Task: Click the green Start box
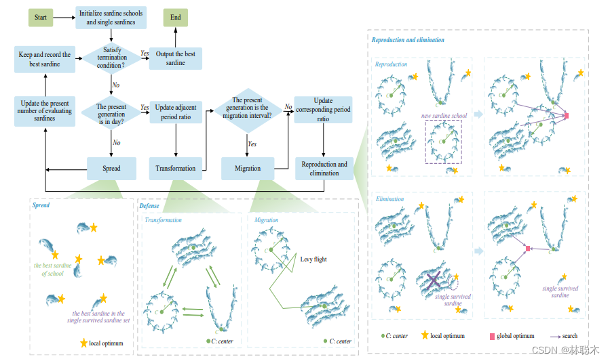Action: tap(41, 18)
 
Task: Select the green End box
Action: tap(176, 18)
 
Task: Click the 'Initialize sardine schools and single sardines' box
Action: tap(111, 18)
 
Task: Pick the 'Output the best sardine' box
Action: tap(176, 58)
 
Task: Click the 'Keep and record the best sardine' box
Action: tap(44, 58)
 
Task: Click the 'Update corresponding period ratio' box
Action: tap(324, 110)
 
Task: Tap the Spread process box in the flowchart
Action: tap(111, 168)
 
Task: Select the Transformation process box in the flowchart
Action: tap(176, 168)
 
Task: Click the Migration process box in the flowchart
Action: tap(248, 168)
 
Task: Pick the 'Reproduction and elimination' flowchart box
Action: tap(324, 168)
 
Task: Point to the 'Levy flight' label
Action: tap(313, 259)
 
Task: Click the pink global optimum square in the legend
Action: tap(492, 336)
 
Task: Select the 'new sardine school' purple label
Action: tap(444, 116)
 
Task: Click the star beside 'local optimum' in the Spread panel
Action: tap(84, 343)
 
